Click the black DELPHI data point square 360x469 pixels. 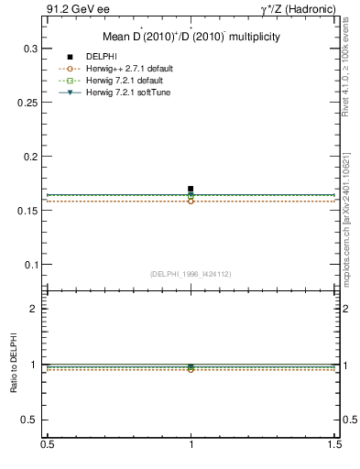191,189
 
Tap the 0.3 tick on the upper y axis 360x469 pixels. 30,48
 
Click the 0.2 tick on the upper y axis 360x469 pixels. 30,156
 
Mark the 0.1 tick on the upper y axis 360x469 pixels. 30,265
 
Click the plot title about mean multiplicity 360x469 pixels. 191,38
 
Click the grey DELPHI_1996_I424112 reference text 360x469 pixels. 190,274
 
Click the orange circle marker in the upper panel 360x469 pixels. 191,201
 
